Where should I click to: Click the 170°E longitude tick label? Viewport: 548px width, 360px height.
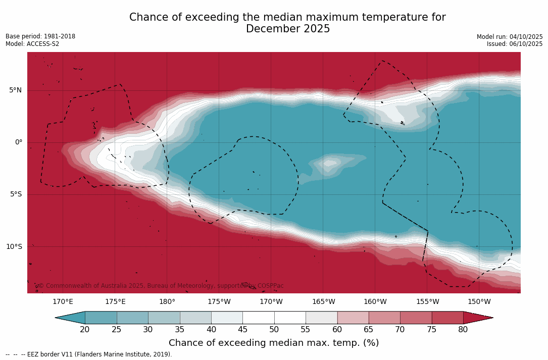coord(63,302)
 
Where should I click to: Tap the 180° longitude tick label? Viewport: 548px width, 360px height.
coord(167,302)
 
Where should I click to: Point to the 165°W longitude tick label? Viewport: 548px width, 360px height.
coord(323,302)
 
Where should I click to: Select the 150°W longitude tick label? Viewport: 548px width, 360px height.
coord(479,302)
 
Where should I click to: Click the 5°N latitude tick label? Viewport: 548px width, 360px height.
coord(15,90)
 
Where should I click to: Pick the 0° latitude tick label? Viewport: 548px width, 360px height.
coord(18,142)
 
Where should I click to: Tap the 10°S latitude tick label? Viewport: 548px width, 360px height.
coord(14,247)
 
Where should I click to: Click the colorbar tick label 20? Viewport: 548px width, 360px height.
coord(85,330)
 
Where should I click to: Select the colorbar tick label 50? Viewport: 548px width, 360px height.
coord(274,330)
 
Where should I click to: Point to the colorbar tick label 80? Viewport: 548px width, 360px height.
coord(463,330)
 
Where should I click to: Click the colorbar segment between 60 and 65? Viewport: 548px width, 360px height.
coord(353,318)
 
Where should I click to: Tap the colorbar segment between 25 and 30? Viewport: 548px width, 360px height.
coord(132,318)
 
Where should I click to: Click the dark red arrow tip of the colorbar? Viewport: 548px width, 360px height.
coord(480,318)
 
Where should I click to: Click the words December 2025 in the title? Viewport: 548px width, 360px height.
coord(287,29)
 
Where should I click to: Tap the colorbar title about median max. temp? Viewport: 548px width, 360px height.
coord(273,343)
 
